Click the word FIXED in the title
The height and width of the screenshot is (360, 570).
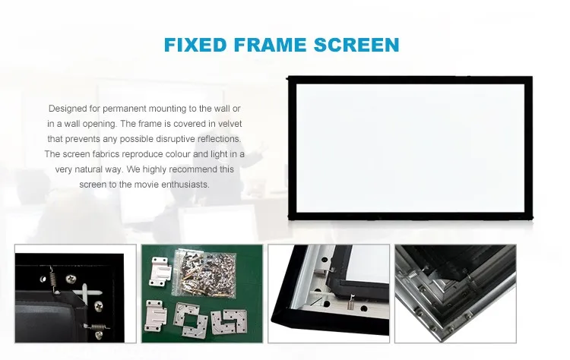195,45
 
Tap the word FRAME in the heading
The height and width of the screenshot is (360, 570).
270,45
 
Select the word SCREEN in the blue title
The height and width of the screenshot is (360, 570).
356,45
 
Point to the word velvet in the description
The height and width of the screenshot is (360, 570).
230,124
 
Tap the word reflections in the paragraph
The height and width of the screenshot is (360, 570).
219,139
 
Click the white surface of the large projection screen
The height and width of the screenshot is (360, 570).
410,148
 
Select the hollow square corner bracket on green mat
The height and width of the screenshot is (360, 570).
190,320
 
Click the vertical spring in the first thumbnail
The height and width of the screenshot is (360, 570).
52,279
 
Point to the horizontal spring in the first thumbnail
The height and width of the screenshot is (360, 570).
97,327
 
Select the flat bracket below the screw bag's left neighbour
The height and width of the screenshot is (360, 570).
155,316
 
